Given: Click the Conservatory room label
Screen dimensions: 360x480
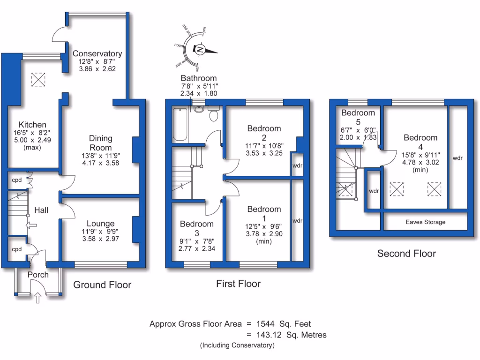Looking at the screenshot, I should pos(97,54).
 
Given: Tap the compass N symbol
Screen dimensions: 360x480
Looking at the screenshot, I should pos(200,50).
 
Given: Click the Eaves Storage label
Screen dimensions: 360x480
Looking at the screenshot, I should pos(426,222).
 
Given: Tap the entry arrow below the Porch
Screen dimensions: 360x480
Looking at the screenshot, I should pos(38,297).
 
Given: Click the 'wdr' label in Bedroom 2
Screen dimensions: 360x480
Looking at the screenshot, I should pos(297,165).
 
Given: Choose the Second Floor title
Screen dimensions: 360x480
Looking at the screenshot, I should pos(406,254).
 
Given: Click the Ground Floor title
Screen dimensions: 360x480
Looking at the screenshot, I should pos(102,285).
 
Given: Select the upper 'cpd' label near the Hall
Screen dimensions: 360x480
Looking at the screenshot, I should pos(17,180).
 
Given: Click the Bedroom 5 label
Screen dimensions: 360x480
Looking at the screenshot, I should pos(358,116).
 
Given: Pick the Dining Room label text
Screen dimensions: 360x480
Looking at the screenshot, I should pos(101,142).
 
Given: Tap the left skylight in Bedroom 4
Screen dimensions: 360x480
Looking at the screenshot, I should pos(397,189).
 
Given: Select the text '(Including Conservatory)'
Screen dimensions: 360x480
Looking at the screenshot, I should pos(237,345).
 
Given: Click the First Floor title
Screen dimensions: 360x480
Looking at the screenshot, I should pos(238,284).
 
